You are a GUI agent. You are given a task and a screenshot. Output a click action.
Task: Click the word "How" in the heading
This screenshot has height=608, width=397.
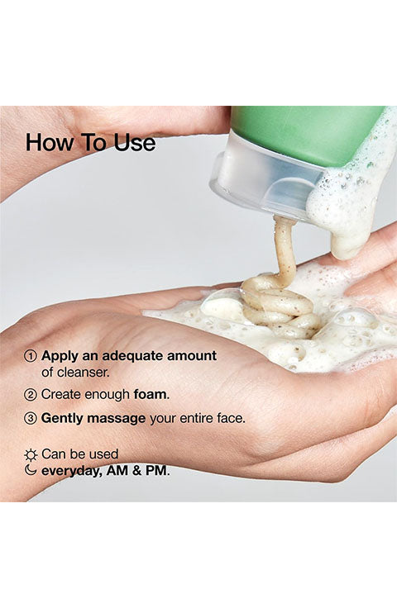point(50,142)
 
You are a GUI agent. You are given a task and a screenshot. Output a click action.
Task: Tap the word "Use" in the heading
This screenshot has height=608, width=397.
point(135,142)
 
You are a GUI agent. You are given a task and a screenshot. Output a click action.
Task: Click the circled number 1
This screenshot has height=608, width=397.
point(30,355)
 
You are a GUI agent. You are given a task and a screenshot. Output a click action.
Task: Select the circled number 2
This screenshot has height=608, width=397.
point(30,395)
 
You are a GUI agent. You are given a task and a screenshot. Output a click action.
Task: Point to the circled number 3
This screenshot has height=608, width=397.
point(30,418)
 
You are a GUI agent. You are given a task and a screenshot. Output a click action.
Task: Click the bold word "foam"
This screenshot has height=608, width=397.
point(151,394)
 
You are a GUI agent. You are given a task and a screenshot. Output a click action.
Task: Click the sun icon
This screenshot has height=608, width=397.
point(31,454)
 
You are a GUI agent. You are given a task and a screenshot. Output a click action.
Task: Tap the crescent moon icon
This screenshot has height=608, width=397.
point(30,470)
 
